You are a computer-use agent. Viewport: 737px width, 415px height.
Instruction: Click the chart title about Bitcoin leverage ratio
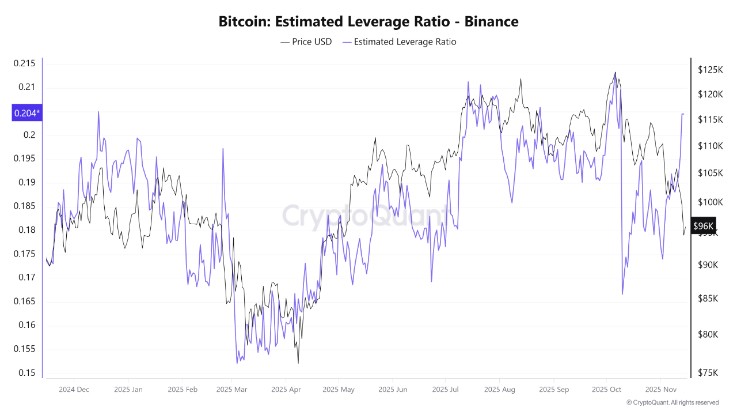[368, 22]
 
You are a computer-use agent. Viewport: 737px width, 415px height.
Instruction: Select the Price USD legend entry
[306, 41]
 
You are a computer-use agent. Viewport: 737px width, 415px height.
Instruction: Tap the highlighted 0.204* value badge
[26, 113]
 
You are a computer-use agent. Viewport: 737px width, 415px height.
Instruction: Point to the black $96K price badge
[703, 226]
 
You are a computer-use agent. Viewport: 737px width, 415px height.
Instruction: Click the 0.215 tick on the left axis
[24, 63]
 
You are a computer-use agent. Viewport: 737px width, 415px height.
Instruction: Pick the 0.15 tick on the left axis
[26, 372]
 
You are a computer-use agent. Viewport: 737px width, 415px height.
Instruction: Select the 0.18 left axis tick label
[26, 230]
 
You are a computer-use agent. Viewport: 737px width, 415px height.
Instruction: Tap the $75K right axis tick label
[708, 372]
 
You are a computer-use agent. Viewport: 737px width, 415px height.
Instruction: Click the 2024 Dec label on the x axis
[74, 390]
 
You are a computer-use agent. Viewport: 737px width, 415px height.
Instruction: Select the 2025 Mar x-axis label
[232, 390]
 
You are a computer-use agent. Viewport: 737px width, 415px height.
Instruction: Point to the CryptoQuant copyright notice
[673, 402]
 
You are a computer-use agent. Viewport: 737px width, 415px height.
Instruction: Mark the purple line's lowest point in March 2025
[237, 363]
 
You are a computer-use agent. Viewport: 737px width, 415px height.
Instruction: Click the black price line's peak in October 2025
[615, 73]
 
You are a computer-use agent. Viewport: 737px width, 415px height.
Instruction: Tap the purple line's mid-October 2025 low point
[622, 295]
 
